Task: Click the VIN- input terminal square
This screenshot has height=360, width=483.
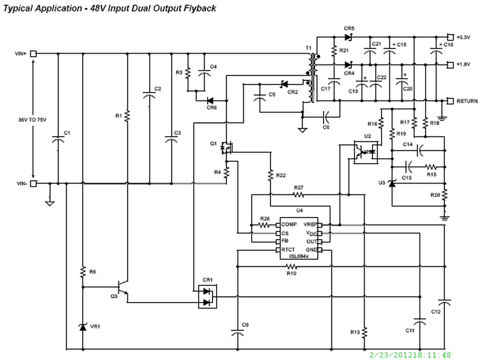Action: coord(34,183)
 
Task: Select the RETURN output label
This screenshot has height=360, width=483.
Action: coord(467,100)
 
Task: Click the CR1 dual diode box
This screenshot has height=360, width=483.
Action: coord(208,296)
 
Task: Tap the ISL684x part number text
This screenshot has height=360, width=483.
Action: coord(298,256)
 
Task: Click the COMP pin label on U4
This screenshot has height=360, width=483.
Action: coord(289,224)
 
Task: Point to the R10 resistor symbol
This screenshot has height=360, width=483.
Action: coord(291,265)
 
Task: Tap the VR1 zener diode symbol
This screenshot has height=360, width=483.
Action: coord(83,326)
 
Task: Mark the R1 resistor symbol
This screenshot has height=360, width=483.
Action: coord(127,115)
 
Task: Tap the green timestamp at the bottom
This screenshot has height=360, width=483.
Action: coord(410,355)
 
